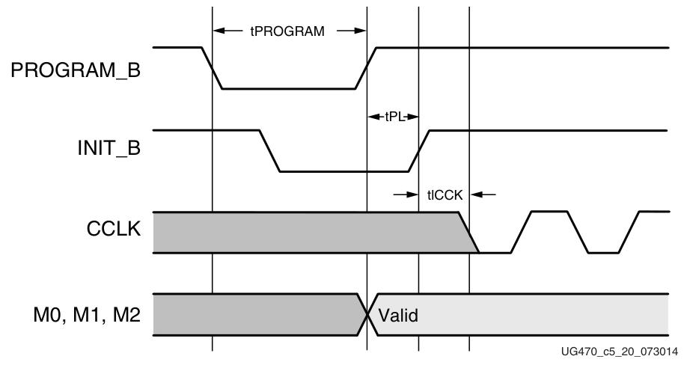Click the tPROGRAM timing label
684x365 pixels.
pos(288,31)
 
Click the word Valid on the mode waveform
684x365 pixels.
pos(397,316)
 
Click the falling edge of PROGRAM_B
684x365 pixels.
pos(213,68)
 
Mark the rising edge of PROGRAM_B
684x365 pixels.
pos(367,68)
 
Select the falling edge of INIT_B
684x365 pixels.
pos(269,151)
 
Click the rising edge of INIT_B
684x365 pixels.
pos(418,151)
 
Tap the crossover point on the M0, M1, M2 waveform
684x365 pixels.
pos(368,314)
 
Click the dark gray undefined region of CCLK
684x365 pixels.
pos(299,233)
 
